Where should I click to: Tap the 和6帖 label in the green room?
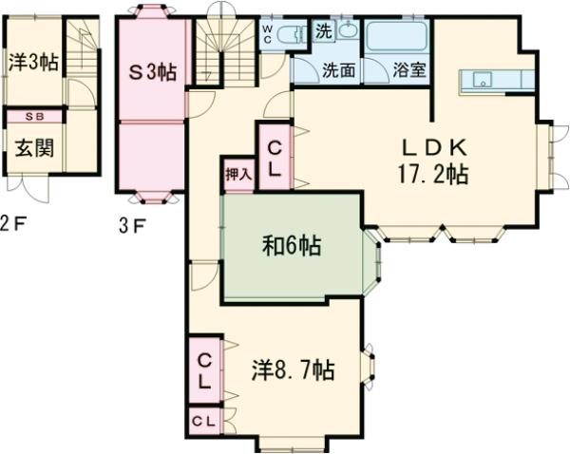point(291,247)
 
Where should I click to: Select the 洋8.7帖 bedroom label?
point(293,369)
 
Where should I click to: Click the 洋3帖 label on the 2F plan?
point(34,64)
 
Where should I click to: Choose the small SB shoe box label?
point(33,117)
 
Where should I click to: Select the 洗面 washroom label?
point(338,69)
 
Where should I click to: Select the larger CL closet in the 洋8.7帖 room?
point(204,369)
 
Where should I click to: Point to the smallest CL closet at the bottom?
point(204,420)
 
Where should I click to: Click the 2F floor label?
point(9,225)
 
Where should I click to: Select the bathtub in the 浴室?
point(398,37)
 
